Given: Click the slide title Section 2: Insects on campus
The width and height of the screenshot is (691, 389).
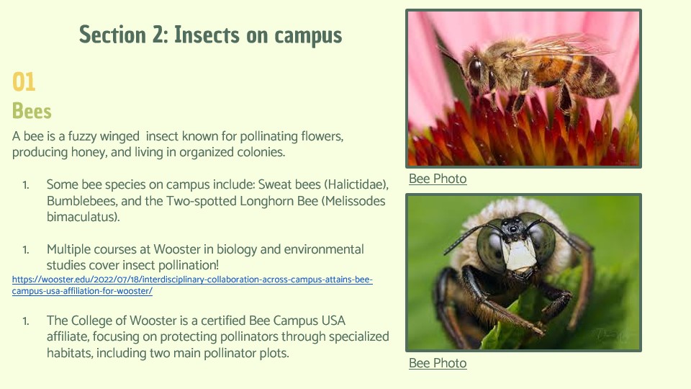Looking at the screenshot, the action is (x=211, y=35).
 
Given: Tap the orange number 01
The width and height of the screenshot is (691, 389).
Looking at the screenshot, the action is (x=24, y=82).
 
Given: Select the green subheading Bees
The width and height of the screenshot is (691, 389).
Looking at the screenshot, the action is (x=32, y=111).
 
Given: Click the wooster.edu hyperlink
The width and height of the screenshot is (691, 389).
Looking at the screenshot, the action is (x=192, y=285).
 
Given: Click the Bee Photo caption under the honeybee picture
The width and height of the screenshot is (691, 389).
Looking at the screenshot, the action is (x=438, y=179).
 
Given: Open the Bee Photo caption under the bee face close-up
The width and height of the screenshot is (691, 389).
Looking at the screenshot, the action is (x=438, y=363).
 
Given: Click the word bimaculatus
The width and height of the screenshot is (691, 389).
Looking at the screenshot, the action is (x=83, y=217).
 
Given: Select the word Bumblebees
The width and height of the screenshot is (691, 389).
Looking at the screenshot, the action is (x=82, y=201).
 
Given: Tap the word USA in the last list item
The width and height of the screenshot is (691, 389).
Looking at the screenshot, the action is (x=333, y=321).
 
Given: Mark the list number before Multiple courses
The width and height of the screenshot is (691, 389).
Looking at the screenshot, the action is (x=26, y=250).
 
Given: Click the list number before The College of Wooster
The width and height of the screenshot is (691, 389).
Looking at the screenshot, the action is (x=26, y=321).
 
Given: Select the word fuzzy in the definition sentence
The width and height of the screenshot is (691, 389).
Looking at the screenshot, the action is (x=82, y=137).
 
